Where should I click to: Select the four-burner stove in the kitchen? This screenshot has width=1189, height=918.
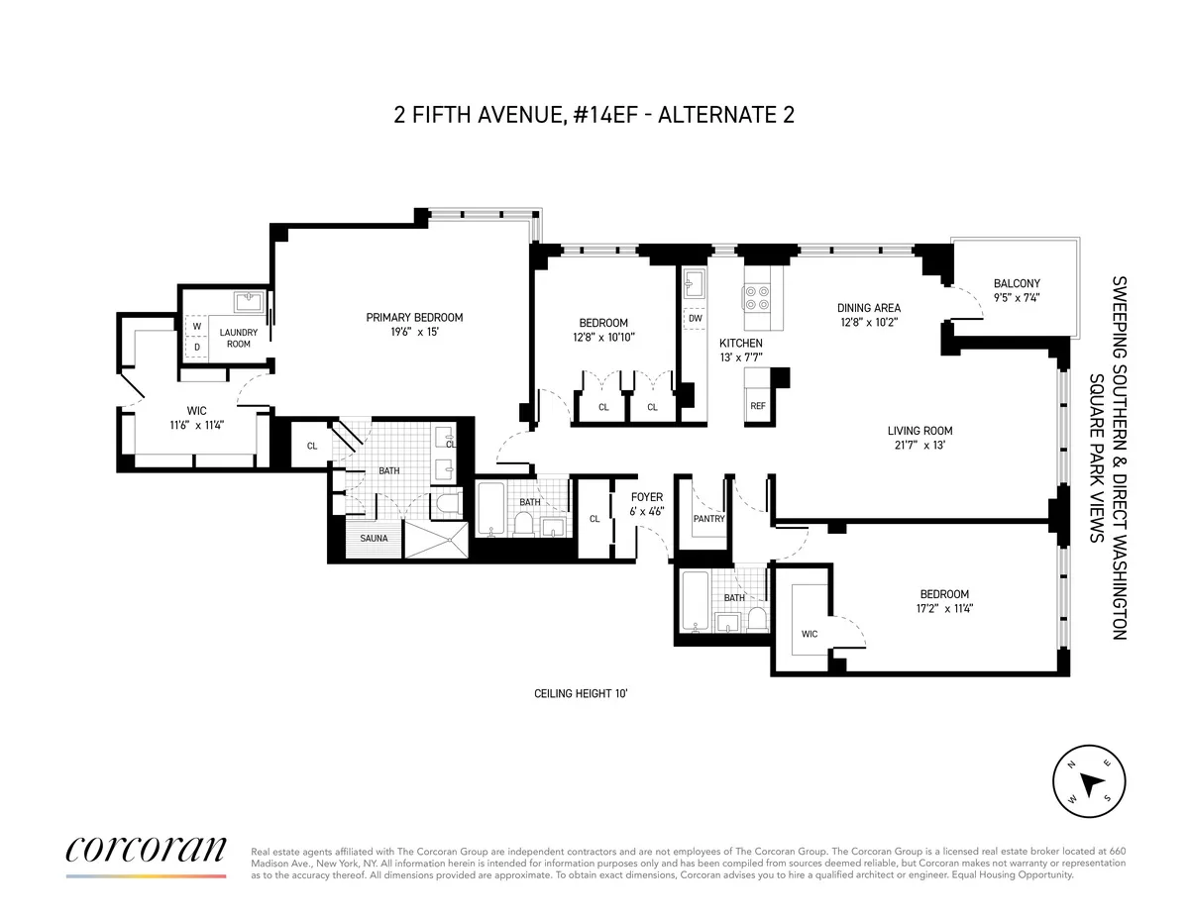tap(759, 298)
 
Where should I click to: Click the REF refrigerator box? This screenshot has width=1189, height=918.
tap(758, 405)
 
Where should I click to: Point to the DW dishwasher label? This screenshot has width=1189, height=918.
tap(695, 318)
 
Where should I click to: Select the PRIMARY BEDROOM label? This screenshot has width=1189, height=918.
tap(414, 317)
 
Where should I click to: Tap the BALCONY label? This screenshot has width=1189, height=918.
tap(1017, 283)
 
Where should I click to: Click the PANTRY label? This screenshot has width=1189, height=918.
tap(709, 518)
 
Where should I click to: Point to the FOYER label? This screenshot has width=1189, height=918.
tap(647, 497)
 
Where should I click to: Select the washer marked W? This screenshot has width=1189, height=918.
tap(196, 326)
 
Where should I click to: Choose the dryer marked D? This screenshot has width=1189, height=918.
tap(196, 347)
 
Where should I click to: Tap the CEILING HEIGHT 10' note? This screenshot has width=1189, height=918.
tap(581, 694)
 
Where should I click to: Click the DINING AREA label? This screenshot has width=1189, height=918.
tap(868, 308)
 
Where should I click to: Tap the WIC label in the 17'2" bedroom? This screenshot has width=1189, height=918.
tap(810, 634)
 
